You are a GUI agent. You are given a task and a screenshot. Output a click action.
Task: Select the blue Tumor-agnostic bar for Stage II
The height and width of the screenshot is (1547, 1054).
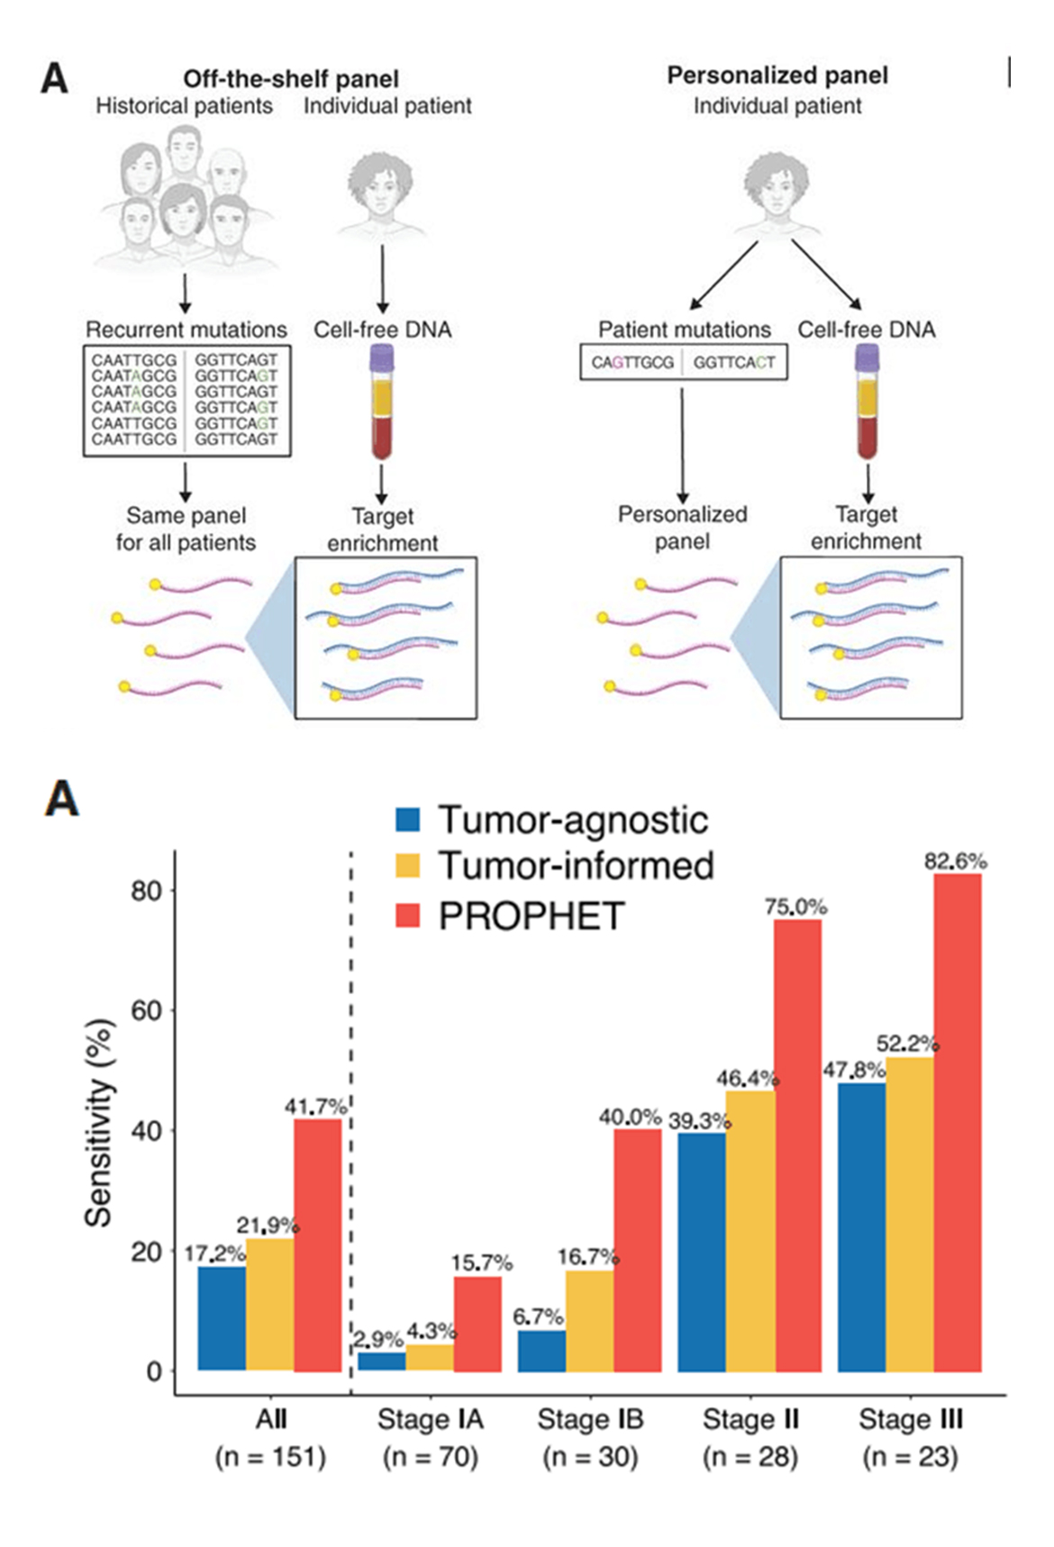tap(702, 1252)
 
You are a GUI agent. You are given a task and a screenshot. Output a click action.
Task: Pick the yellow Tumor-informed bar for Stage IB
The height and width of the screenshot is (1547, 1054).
tap(590, 1320)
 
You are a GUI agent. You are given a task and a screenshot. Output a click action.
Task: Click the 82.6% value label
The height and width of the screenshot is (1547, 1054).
tap(955, 862)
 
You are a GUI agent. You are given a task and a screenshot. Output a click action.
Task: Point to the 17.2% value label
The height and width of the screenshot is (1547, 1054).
tap(214, 1253)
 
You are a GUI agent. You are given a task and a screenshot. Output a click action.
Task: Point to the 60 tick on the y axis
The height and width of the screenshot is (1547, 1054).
tap(147, 1010)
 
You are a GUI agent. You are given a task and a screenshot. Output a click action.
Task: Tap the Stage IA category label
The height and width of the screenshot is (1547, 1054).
tap(430, 1419)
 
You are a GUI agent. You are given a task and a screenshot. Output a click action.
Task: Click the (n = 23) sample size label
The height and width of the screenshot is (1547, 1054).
tap(910, 1456)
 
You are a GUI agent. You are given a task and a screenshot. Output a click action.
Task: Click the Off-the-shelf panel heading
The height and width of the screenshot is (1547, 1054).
tap(291, 79)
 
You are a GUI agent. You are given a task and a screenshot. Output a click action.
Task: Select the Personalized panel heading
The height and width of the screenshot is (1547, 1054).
tap(777, 76)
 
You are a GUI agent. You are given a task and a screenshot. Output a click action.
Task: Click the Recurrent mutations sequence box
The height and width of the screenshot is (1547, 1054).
tap(186, 400)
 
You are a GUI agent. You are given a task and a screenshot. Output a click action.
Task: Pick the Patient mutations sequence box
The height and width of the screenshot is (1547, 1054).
tap(684, 363)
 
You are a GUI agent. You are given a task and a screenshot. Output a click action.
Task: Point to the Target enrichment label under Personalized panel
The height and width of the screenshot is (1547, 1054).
tap(866, 528)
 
